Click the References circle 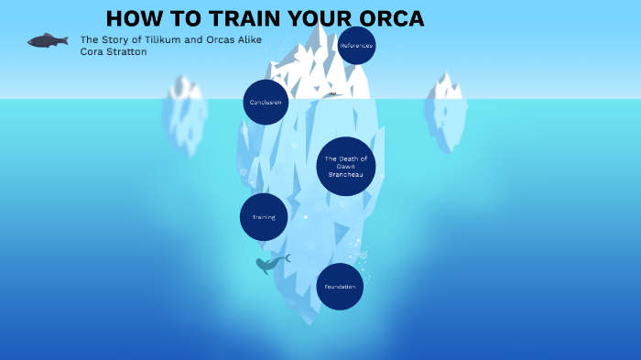click(x=356, y=45)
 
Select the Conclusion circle click(x=266, y=102)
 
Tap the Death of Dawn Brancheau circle click(x=346, y=166)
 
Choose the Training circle click(x=264, y=217)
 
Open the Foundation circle click(x=340, y=287)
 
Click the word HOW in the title click(x=131, y=19)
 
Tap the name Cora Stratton click(x=114, y=52)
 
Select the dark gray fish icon click(x=46, y=40)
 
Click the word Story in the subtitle click(x=114, y=40)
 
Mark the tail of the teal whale click(x=286, y=258)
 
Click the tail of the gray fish click(x=64, y=39)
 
